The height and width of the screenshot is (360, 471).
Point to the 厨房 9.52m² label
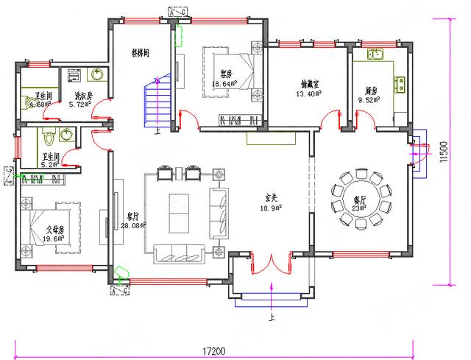pos(368,95)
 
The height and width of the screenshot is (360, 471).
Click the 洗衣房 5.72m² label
pos(81,99)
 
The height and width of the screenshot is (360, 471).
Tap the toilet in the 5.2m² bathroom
pos(49,137)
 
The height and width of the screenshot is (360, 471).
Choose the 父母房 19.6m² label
pos(54,233)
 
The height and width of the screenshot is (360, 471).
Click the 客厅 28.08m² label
pos(134,221)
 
